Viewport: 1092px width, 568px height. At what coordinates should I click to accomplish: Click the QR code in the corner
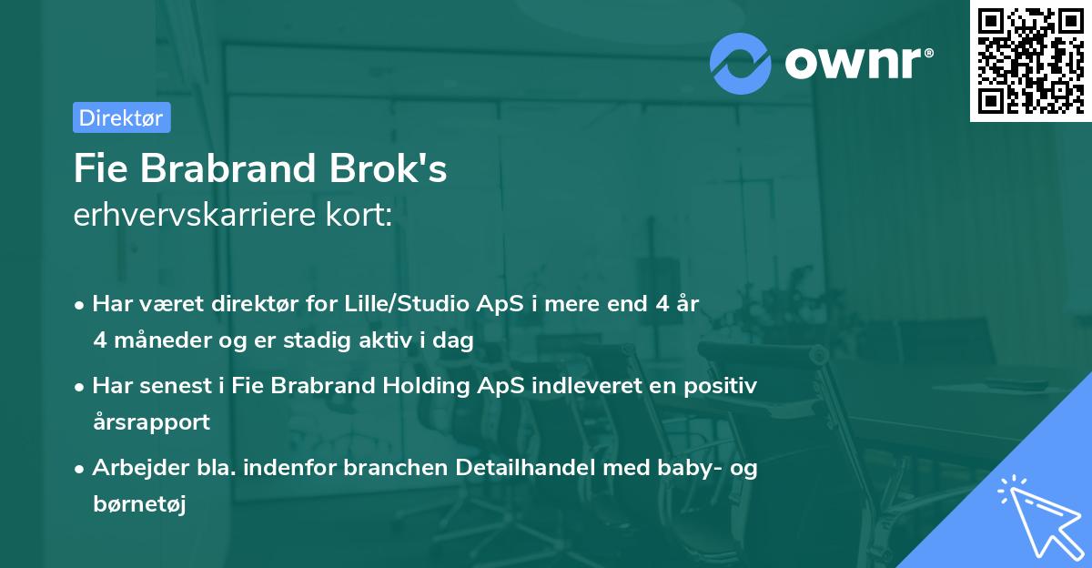1031,60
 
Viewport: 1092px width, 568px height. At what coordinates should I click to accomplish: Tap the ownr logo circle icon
741,64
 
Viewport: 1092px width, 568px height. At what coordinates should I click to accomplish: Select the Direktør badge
121,117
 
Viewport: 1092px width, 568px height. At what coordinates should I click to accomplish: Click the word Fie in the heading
96,169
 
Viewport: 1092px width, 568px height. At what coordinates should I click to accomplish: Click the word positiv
722,386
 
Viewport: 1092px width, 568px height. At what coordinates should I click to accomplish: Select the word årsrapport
151,422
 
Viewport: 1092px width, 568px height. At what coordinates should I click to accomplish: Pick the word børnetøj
139,505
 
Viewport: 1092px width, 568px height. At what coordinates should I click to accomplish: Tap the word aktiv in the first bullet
408,340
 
